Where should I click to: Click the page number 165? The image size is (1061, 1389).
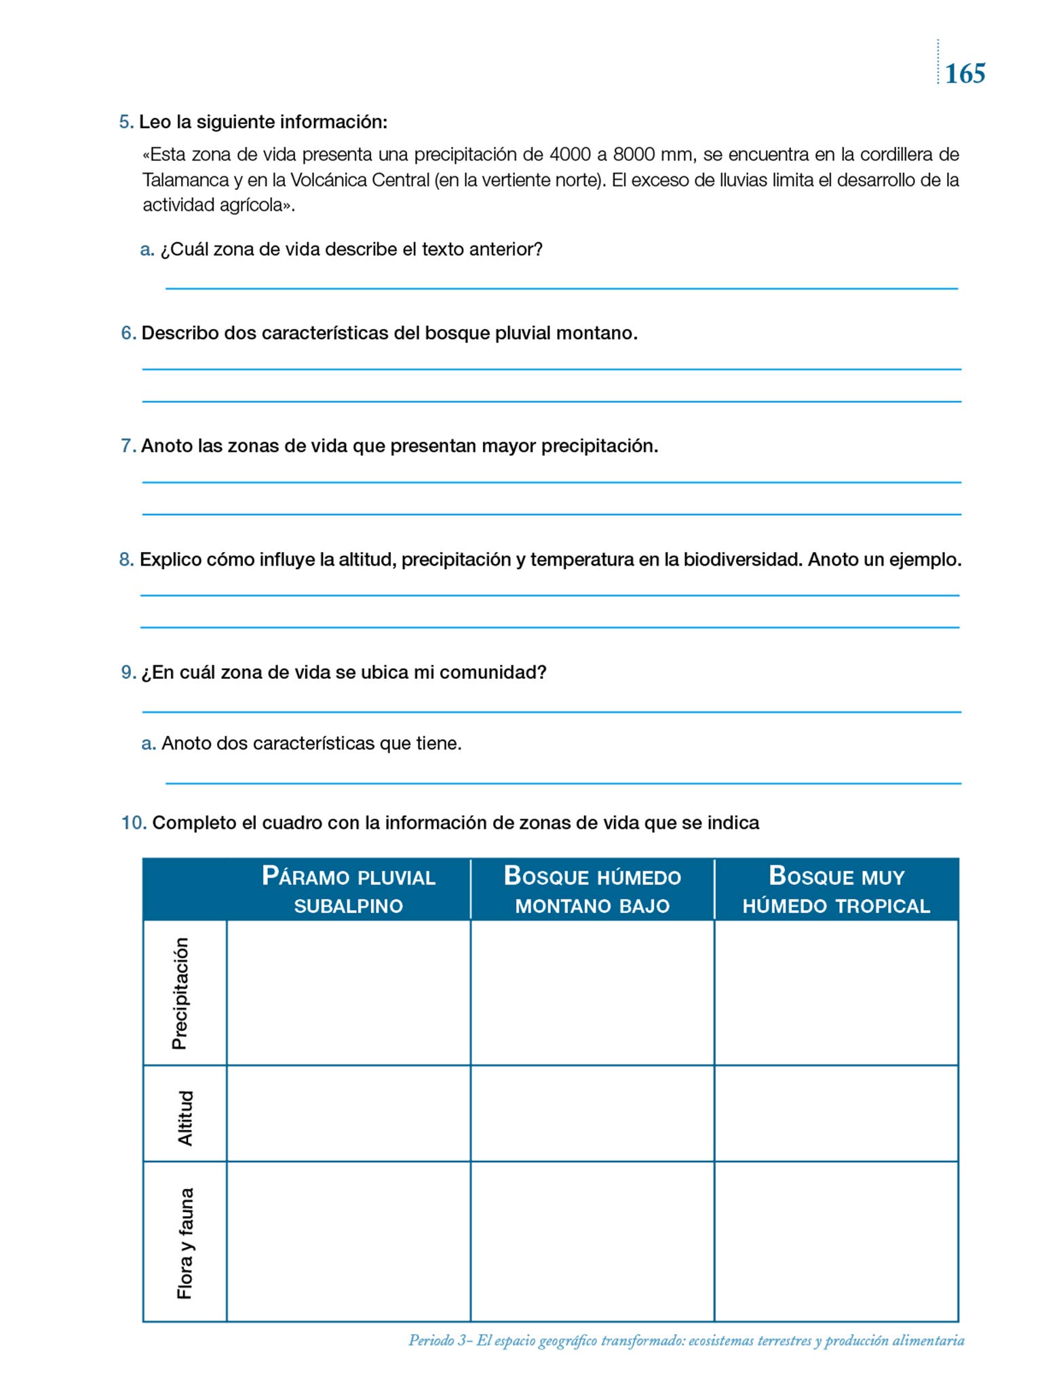click(x=965, y=73)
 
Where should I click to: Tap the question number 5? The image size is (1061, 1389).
click(x=126, y=122)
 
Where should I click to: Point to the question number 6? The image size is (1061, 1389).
click(x=128, y=333)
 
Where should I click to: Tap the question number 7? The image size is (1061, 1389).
click(x=128, y=446)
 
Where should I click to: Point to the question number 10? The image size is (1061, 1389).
click(x=134, y=823)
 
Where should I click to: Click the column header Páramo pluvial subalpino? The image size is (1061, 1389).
click(x=348, y=890)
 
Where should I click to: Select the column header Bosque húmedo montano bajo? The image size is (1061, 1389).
click(x=592, y=890)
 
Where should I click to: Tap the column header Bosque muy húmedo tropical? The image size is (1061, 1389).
click(x=836, y=890)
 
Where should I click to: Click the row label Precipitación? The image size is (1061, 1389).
click(x=180, y=993)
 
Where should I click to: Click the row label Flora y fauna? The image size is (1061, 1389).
click(x=185, y=1243)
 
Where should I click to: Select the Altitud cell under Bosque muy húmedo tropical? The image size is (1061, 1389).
click(x=836, y=1114)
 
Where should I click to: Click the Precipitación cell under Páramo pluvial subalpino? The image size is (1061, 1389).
click(x=348, y=993)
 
